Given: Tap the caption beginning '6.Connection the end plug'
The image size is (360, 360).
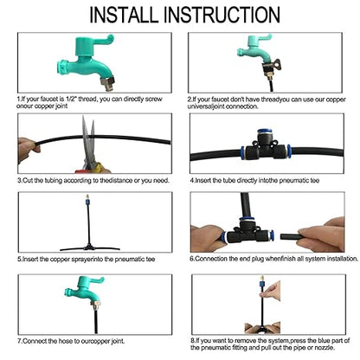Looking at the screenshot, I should click(273, 258).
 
